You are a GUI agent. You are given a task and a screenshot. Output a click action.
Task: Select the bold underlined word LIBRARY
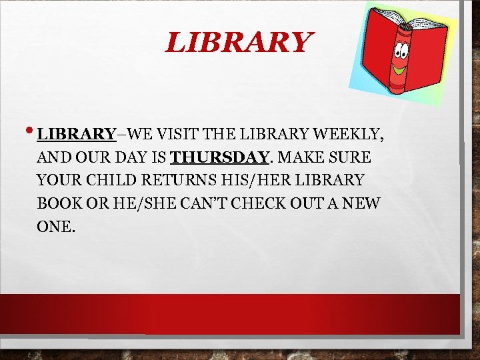click(x=77, y=134)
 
